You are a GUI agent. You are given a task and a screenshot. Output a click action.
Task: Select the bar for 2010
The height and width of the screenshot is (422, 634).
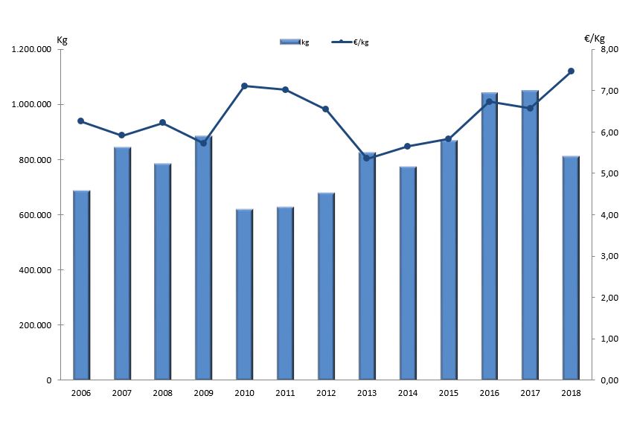245,295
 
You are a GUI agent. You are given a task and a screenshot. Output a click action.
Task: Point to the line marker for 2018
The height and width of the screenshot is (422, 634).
571,71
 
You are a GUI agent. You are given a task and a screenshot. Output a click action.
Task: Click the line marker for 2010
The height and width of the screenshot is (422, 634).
245,86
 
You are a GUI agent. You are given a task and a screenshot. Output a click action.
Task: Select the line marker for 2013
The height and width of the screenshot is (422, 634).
367,159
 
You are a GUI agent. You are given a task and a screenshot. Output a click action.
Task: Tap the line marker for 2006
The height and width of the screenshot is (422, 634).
81,121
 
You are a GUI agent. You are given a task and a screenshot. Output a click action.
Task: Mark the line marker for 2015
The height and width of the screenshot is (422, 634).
449,139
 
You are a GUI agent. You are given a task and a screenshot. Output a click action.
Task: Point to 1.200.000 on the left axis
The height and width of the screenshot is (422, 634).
31,50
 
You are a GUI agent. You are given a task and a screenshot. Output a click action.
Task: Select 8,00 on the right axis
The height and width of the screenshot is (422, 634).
609,50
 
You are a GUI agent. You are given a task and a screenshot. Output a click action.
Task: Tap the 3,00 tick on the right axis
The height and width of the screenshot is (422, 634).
609,257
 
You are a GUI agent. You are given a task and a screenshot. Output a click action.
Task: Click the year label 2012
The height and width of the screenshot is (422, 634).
326,393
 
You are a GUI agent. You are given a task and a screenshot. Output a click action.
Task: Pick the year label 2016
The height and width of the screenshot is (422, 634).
489,393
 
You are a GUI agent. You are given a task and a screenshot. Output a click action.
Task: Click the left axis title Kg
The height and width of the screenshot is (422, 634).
62,39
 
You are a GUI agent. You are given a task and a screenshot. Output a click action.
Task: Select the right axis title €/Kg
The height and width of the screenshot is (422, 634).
595,38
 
